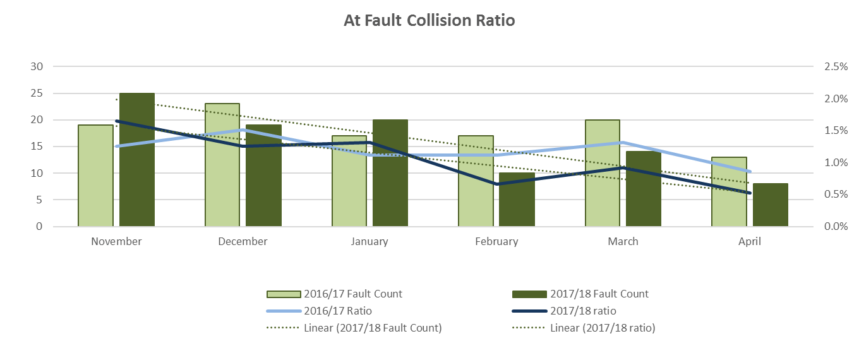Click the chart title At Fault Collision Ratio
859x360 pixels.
429,21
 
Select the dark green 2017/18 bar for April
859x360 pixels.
770,205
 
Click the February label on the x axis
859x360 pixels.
496,241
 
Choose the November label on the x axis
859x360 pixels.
116,241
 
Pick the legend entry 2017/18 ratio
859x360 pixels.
582,311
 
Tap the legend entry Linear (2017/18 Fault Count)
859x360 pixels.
372,328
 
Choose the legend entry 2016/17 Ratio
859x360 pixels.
337,311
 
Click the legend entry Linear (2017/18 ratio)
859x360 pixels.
602,328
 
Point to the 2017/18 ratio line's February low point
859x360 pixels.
497,184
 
